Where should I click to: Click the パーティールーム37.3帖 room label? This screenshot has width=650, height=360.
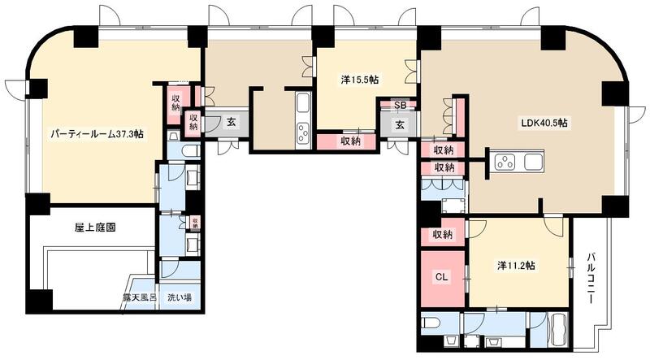click(97, 134)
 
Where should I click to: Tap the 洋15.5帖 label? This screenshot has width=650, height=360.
click(359, 80)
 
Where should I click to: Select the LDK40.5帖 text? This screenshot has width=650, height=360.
click(544, 123)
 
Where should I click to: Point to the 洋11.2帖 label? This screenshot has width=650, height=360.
click(521, 265)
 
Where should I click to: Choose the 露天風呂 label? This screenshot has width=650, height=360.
click(141, 297)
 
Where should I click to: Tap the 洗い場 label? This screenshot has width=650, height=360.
click(180, 297)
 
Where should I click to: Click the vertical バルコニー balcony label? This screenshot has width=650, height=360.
click(591, 276)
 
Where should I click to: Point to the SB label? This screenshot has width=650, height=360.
click(400, 105)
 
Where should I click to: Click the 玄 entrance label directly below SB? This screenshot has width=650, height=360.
click(400, 125)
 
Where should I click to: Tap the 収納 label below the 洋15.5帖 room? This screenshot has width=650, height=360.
click(350, 141)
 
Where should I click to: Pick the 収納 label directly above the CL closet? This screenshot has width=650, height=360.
click(444, 234)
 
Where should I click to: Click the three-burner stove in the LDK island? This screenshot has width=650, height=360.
click(506, 160)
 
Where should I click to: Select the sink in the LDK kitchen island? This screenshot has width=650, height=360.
click(534, 161)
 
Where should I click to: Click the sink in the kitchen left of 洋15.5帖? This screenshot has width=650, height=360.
click(303, 106)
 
